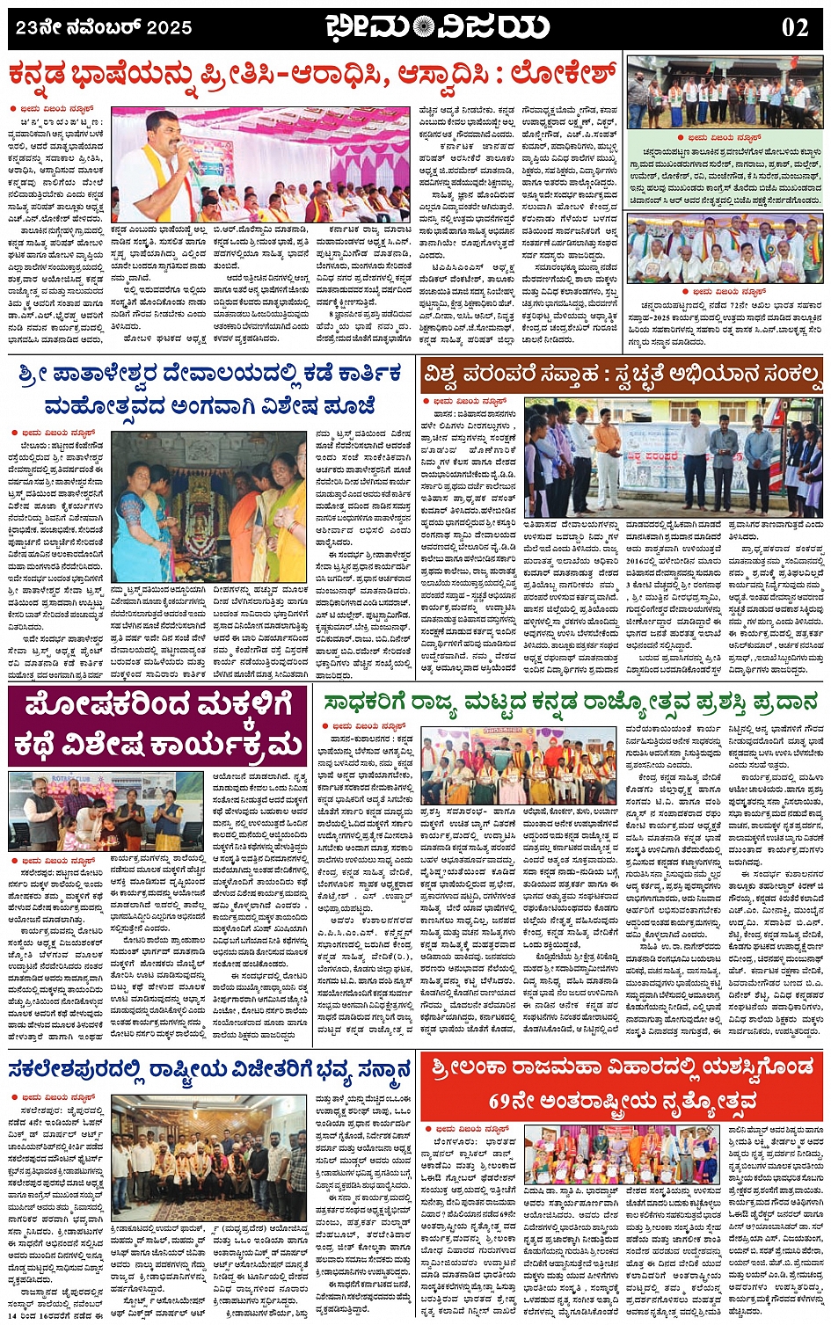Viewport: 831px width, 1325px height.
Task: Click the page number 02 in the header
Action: click(x=794, y=27)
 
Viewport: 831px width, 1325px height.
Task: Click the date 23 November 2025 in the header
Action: click(x=104, y=28)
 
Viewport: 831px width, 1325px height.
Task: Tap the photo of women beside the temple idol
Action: click(x=208, y=506)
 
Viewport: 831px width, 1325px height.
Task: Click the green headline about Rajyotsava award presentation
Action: click(x=571, y=703)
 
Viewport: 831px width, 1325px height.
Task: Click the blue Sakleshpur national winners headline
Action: click(x=210, y=1070)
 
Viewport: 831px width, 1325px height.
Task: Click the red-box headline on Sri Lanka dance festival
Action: click(x=622, y=1083)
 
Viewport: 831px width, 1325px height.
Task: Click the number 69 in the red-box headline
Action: click(x=502, y=1101)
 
